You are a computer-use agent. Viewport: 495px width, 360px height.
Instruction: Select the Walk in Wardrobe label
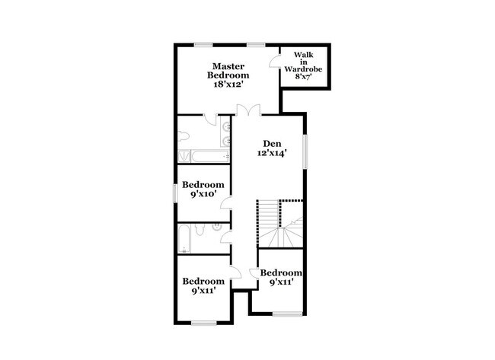(x=305, y=62)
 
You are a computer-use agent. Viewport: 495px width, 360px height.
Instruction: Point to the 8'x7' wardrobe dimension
(x=305, y=76)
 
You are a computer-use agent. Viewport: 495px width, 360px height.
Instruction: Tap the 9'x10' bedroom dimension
(x=203, y=194)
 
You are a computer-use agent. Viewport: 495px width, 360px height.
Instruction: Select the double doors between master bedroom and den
(x=247, y=110)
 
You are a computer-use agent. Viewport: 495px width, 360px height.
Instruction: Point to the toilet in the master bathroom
(x=185, y=136)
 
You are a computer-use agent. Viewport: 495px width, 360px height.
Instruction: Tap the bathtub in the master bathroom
(x=203, y=156)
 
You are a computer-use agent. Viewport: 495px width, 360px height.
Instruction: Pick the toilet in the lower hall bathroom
(x=200, y=229)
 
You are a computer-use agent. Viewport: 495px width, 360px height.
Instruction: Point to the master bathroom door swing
(x=216, y=120)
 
